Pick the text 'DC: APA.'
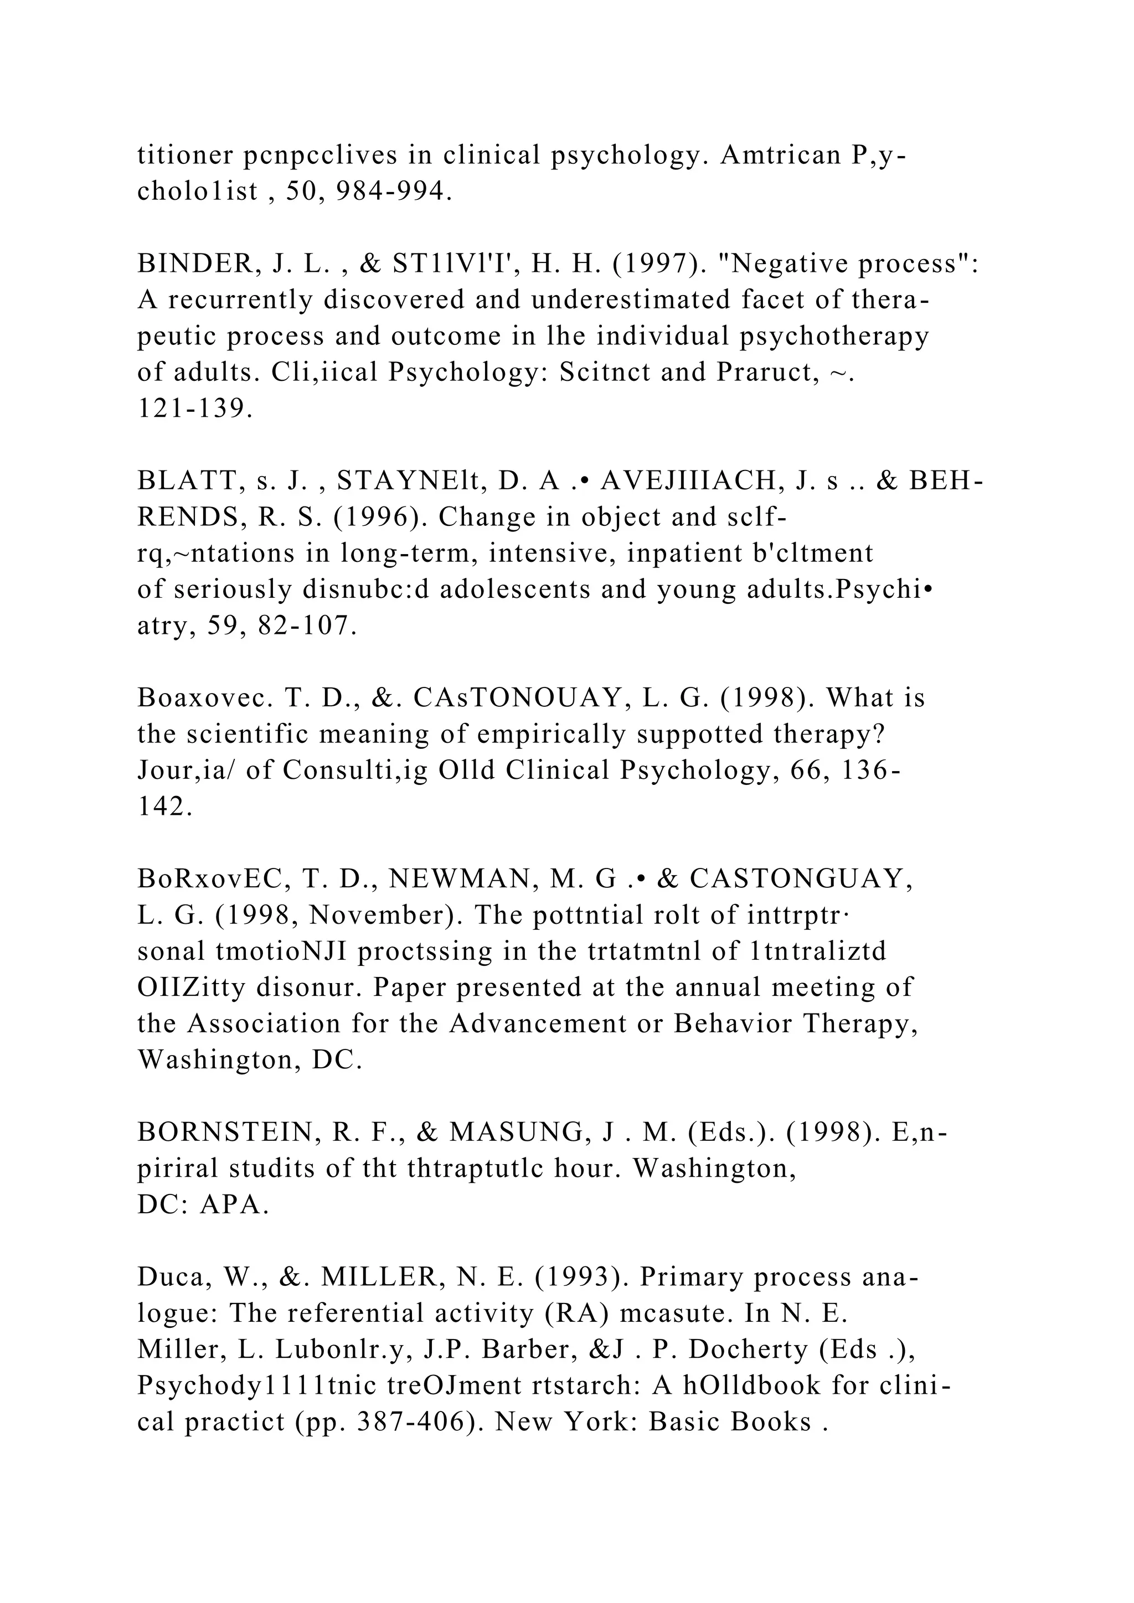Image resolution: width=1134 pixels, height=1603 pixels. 203,1205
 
